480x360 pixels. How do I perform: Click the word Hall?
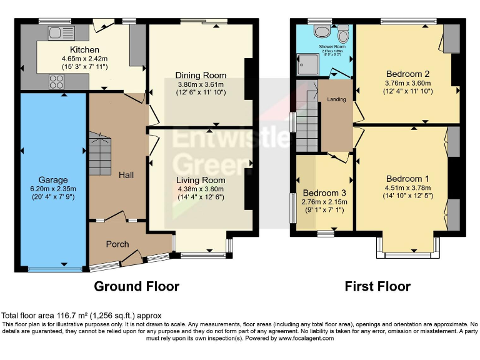[x=126, y=176]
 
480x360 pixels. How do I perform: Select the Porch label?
[x=117, y=244]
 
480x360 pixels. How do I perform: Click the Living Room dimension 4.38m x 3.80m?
[x=200, y=189]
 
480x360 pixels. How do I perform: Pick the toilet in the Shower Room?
[x=322, y=32]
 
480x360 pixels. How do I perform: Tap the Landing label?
[x=336, y=99]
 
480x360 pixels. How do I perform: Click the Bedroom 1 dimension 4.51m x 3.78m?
[x=407, y=187]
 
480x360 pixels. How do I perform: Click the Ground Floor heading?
[x=136, y=286]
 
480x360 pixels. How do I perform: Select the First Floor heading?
[x=377, y=286]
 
